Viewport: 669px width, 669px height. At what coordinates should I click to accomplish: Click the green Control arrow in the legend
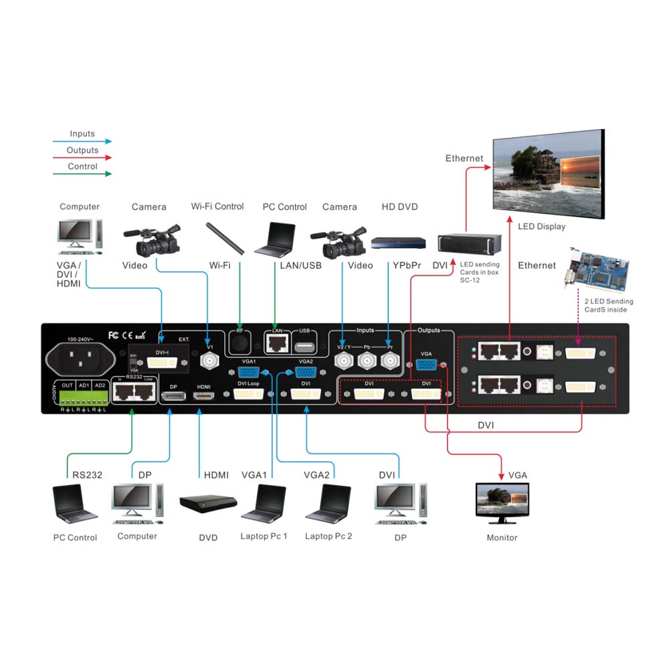click(x=82, y=174)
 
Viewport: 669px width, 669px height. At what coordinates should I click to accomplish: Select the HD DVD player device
click(x=398, y=244)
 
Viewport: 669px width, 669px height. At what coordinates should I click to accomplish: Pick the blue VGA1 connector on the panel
click(x=248, y=373)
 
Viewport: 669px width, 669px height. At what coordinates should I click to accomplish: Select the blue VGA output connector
click(x=426, y=365)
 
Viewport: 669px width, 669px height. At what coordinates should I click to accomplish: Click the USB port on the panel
click(x=304, y=348)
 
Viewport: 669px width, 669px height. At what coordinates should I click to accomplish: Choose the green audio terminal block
click(x=84, y=397)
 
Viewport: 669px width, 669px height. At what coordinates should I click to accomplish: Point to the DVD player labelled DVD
click(x=208, y=504)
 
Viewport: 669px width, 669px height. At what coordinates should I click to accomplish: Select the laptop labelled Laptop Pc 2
click(x=328, y=503)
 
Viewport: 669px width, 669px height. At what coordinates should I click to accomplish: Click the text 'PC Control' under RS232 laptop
click(x=75, y=538)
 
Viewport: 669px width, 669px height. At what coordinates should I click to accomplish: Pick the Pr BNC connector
click(x=389, y=363)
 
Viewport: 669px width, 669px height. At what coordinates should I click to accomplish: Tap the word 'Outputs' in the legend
click(x=82, y=150)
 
